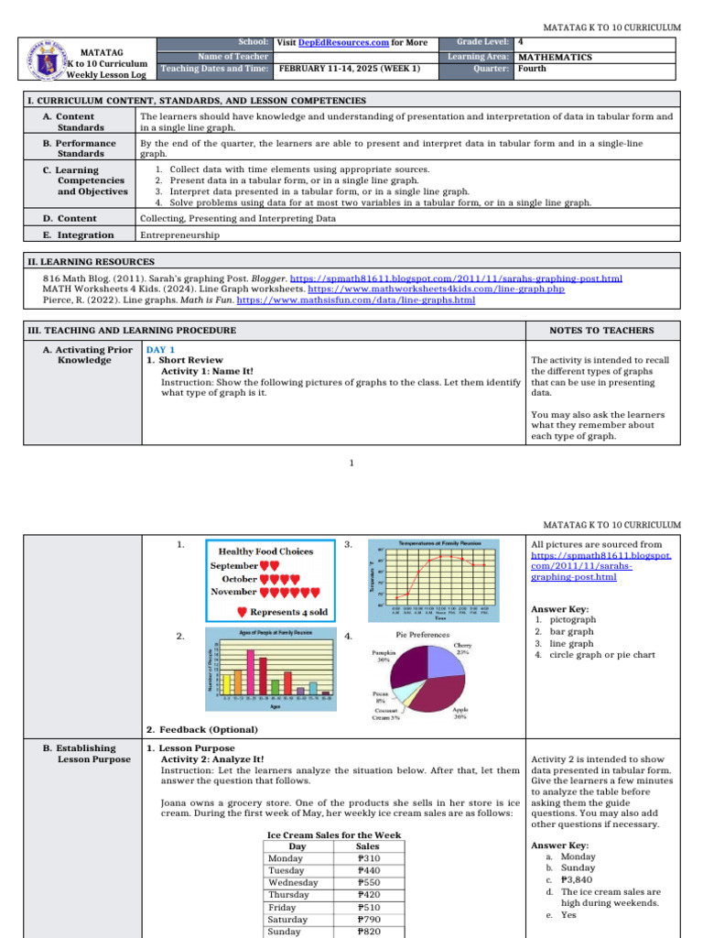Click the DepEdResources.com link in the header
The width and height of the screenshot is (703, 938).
(337, 43)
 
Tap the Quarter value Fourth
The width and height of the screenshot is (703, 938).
(533, 69)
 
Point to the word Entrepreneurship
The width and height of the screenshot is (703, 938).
(179, 235)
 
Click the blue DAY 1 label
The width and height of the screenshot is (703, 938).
(161, 349)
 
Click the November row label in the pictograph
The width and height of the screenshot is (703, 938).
(233, 592)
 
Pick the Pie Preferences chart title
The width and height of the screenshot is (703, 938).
(422, 634)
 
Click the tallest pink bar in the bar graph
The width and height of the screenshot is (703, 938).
(250, 673)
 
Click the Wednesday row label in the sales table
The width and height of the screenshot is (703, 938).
(293, 883)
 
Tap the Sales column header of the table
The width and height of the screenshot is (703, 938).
(367, 847)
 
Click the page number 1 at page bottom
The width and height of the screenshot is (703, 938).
(351, 464)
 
